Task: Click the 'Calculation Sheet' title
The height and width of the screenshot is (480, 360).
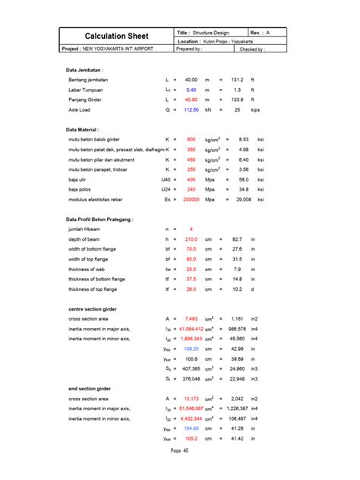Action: (117, 36)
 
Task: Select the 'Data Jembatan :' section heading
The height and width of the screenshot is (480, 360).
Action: (85, 69)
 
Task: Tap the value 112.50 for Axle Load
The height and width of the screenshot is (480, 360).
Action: (191, 109)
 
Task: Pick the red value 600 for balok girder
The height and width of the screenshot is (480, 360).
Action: (191, 139)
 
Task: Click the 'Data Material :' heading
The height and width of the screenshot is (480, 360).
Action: (84, 129)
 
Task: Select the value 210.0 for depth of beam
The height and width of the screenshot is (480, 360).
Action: (190, 239)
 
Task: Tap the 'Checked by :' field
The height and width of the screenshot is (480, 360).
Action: (252, 49)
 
